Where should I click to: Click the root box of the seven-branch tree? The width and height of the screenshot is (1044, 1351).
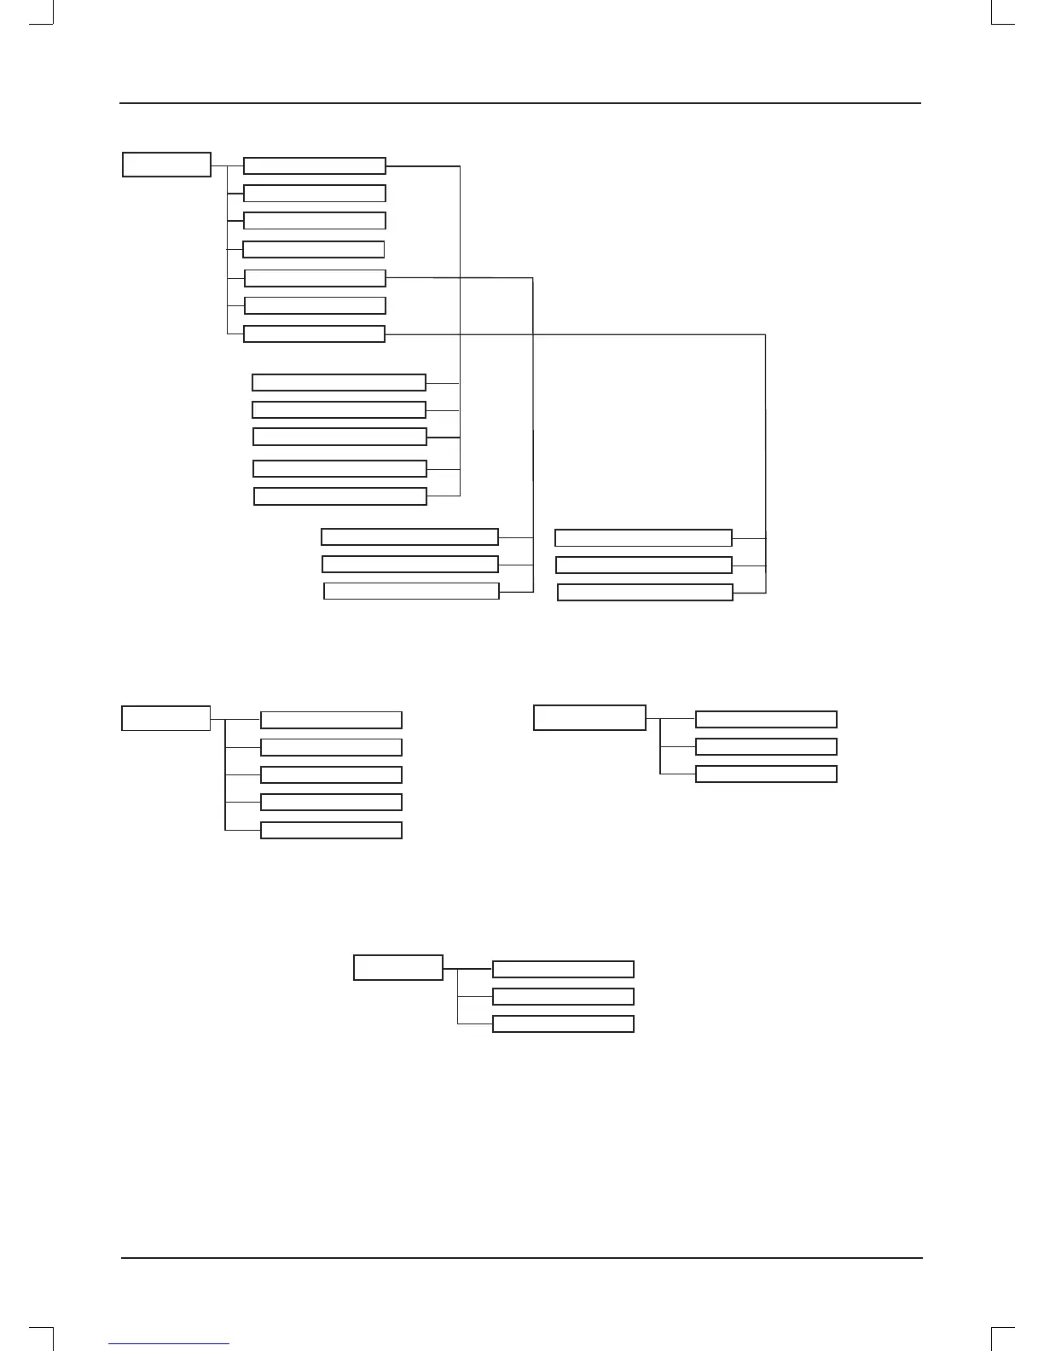[166, 165]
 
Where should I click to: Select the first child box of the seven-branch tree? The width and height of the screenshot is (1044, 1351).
[314, 165]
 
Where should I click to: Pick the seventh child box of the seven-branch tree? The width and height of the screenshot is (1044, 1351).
[314, 334]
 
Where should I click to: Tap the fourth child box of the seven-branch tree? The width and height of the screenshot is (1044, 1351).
[313, 249]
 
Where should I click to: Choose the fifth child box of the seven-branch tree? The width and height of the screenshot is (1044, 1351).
[315, 278]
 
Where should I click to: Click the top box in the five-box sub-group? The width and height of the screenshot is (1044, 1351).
[339, 382]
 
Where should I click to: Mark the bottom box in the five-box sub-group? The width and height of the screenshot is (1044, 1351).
[340, 496]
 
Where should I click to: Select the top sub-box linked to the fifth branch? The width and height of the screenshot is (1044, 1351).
[409, 536]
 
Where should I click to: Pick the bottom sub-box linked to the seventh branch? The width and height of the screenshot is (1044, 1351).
[645, 593]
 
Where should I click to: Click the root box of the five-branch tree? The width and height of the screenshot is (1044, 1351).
[165, 718]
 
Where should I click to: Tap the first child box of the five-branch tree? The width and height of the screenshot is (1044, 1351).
[331, 720]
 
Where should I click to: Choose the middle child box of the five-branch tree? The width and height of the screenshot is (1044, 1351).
[331, 774]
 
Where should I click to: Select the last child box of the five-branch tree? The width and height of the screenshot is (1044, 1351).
[331, 831]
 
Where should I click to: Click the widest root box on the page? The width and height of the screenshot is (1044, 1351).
[589, 717]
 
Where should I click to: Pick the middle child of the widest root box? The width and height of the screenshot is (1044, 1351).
[766, 747]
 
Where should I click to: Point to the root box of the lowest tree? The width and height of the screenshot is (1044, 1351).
[398, 968]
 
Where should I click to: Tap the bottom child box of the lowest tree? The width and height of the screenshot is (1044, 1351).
[563, 1024]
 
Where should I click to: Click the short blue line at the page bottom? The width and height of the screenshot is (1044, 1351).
[170, 1344]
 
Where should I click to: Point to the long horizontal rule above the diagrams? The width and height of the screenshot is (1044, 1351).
[520, 104]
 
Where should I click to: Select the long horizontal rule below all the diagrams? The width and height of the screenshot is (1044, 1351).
[521, 1258]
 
